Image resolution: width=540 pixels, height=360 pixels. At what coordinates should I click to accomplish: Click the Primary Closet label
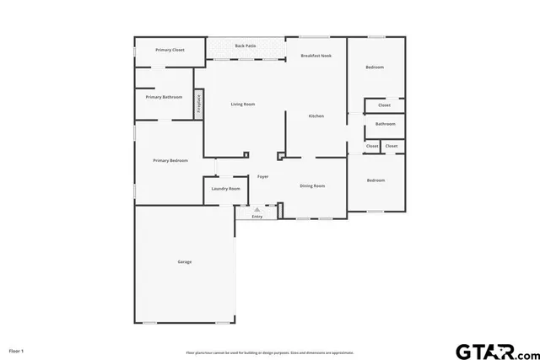click(x=170, y=51)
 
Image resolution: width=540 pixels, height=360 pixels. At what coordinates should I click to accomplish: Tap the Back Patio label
click(x=246, y=45)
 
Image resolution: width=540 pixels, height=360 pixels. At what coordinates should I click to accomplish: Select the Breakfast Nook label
click(x=316, y=56)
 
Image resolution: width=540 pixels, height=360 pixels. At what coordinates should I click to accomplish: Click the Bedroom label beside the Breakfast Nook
click(x=375, y=67)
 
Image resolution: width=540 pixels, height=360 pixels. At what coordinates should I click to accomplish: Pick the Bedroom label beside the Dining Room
click(x=375, y=180)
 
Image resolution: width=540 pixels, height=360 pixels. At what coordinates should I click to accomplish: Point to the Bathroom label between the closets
click(x=386, y=124)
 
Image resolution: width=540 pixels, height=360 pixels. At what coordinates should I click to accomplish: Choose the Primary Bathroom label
click(x=164, y=97)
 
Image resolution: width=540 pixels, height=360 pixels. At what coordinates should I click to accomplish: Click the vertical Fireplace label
click(x=199, y=103)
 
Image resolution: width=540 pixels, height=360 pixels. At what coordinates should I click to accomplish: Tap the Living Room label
click(x=243, y=104)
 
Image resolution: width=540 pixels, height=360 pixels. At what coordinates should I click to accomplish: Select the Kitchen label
click(x=316, y=116)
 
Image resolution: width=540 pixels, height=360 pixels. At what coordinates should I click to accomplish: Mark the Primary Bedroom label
click(x=170, y=160)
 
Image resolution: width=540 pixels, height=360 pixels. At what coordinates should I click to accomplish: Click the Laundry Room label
click(x=225, y=189)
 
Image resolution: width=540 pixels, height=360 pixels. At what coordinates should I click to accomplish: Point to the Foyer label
click(x=263, y=176)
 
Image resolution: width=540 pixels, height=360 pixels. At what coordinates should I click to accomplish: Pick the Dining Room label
click(x=312, y=185)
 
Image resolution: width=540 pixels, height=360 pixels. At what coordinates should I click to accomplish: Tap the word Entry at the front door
click(x=257, y=217)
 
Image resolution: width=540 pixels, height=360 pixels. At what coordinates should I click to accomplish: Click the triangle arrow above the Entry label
click(x=257, y=209)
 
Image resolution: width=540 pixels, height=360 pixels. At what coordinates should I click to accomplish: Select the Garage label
click(x=184, y=261)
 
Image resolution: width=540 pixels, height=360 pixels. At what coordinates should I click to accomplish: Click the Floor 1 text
click(x=16, y=350)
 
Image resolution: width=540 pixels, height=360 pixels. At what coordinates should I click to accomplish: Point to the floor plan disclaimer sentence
click(x=270, y=352)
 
